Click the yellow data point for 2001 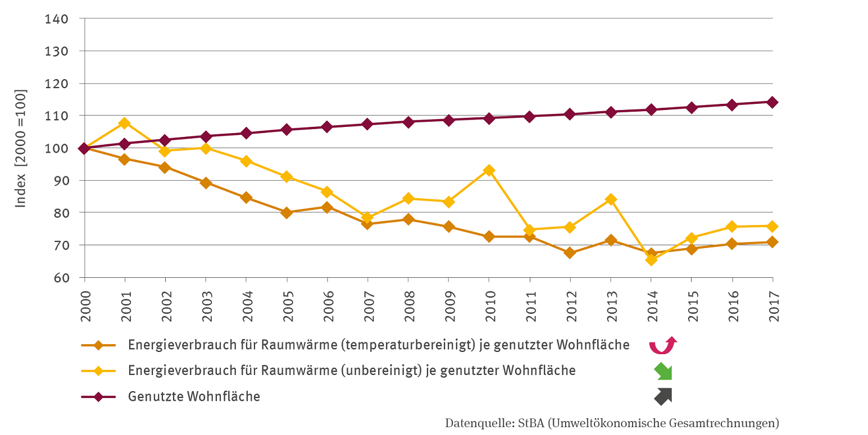coord(124,123)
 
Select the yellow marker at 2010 coord(489,170)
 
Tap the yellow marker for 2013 coord(610,199)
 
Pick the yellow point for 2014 coord(651,259)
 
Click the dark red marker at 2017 coord(772,102)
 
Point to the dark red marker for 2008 coord(408,122)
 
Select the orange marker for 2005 coord(287,213)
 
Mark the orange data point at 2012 coord(570,253)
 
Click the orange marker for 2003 coord(206,182)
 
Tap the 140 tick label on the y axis coord(57,19)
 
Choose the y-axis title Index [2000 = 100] coord(21,148)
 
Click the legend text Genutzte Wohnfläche coord(194,396)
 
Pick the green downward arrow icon coord(663,372)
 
